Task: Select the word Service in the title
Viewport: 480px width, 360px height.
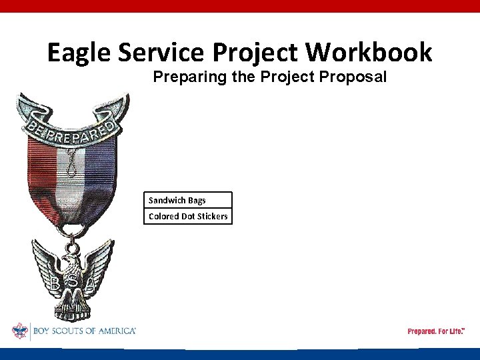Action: tap(164, 52)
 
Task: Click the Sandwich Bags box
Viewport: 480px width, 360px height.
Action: tap(188, 200)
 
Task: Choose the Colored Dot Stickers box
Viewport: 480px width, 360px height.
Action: tap(188, 216)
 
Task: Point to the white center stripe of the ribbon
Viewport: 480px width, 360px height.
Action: tap(69, 187)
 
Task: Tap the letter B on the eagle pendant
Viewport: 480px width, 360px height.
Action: tap(54, 283)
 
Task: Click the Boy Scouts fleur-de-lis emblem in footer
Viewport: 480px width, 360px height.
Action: tap(19, 331)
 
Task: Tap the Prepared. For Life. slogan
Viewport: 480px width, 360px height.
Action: tap(435, 331)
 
